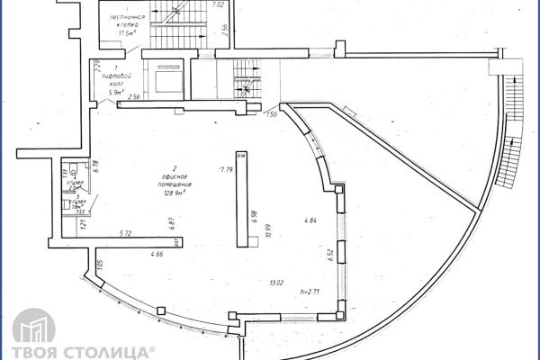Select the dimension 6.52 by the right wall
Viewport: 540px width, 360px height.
[330, 255]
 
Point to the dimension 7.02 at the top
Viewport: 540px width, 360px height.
[216, 6]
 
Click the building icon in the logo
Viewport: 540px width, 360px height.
[30, 332]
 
